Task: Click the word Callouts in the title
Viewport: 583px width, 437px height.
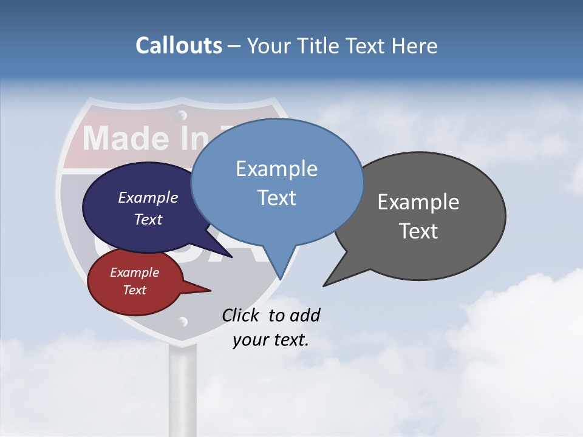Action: (x=179, y=46)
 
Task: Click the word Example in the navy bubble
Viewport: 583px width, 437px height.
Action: (x=148, y=198)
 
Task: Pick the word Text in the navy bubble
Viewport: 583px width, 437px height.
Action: (x=148, y=219)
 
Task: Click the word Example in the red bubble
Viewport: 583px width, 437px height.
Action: (x=135, y=273)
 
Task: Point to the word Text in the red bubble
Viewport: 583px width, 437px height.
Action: (x=135, y=290)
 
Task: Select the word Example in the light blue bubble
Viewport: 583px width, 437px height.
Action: (x=276, y=168)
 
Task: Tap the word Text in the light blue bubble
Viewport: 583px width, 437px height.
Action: (x=276, y=198)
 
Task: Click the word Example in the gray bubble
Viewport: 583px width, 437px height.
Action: (x=418, y=202)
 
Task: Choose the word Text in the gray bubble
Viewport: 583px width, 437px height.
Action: (x=418, y=231)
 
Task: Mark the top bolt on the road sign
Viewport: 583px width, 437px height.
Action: (x=181, y=115)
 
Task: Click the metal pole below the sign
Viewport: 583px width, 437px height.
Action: (x=182, y=388)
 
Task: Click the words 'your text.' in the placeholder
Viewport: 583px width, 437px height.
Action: (x=271, y=340)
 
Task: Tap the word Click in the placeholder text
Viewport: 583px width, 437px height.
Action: (x=241, y=315)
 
